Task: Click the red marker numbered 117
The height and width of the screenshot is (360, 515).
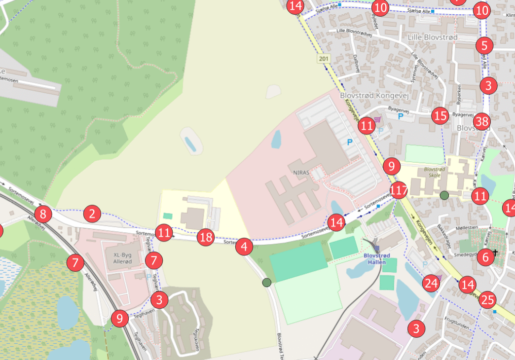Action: [399, 189]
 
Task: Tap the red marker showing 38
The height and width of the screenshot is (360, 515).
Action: [482, 121]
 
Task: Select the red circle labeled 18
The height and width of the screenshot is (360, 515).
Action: [206, 238]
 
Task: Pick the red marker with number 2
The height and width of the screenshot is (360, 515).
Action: [92, 214]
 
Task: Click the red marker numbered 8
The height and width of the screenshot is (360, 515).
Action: [43, 214]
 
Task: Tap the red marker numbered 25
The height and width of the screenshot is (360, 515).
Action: [488, 299]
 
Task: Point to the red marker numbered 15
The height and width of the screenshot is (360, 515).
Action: [440, 116]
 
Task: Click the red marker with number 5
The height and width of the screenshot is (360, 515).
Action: [484, 46]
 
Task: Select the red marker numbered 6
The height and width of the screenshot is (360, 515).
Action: [485, 256]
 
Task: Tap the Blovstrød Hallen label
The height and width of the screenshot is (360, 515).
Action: [376, 259]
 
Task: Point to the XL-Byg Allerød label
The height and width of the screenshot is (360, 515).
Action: [123, 258]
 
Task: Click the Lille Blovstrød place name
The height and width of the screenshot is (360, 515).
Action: [433, 37]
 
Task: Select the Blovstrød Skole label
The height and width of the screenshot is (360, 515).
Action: [435, 172]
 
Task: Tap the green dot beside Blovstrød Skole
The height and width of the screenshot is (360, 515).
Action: [444, 195]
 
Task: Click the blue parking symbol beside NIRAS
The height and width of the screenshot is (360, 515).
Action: [350, 143]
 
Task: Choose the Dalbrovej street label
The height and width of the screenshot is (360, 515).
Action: [356, 63]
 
